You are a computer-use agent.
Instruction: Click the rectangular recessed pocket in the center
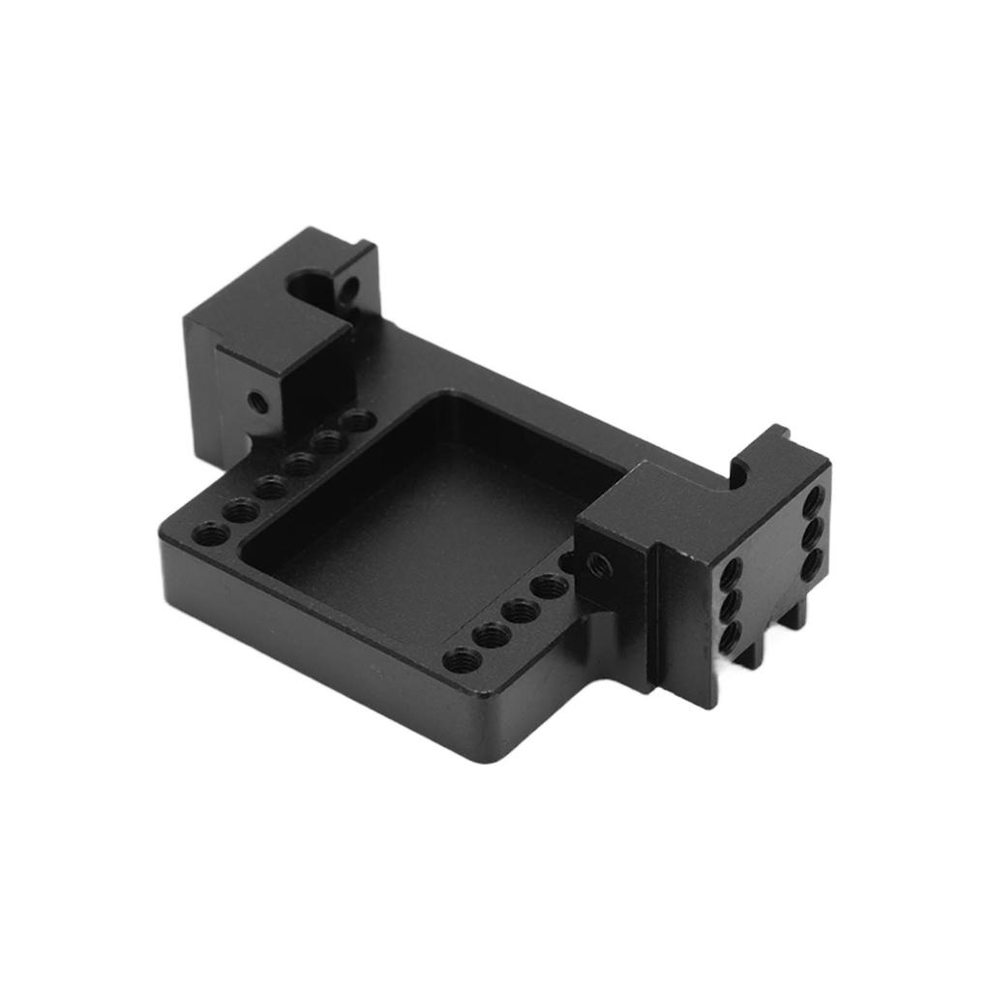(x=426, y=523)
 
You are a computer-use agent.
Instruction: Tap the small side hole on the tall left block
(x=256, y=401)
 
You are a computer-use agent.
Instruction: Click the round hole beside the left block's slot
(x=348, y=286)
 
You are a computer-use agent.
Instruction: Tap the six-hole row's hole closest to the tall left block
(x=359, y=421)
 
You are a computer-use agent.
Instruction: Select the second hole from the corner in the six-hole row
(x=240, y=508)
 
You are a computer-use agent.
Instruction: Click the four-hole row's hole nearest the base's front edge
(x=462, y=660)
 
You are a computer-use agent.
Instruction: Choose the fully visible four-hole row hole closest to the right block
(x=550, y=586)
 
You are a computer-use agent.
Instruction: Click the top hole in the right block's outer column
(x=813, y=500)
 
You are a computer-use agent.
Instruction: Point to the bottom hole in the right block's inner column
(x=732, y=635)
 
